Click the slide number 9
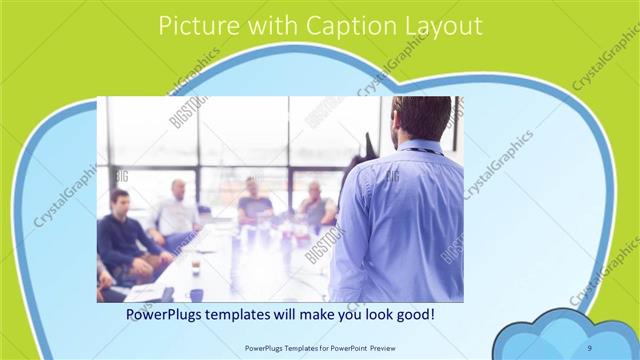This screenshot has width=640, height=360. coord(590,347)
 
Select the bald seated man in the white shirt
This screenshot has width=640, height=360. coord(177,211)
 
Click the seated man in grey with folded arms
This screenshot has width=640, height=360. coord(314,204)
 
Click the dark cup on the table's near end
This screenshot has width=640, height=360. coord(196,294)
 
